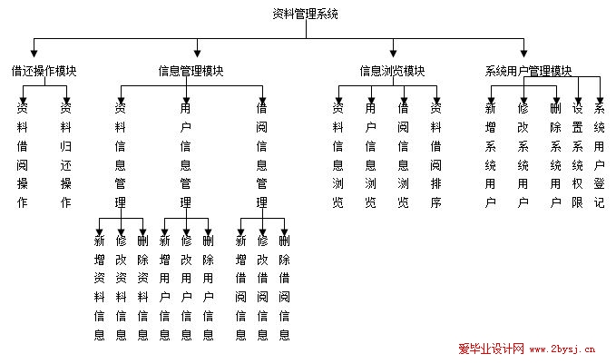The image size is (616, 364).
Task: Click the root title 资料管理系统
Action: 305,14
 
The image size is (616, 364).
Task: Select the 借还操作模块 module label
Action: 44,71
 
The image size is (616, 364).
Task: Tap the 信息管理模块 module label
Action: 191,71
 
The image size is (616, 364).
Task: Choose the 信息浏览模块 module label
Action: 392,71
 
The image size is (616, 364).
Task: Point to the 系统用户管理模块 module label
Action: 528,71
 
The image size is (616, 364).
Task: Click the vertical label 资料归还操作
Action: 65,155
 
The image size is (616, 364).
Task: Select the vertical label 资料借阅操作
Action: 23,155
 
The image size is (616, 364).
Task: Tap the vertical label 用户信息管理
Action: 185,155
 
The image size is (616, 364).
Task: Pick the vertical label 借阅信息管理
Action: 261,155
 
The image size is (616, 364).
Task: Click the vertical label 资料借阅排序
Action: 435,155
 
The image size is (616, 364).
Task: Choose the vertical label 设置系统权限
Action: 577,155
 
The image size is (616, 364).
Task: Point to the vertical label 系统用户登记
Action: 599,155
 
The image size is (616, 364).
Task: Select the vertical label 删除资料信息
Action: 142,288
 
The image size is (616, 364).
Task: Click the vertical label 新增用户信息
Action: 164,288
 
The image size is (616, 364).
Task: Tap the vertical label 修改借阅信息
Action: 262,288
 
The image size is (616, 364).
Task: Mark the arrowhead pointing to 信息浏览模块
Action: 393,54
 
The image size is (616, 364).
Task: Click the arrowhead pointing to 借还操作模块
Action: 34,54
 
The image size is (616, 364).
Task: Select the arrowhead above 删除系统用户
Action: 556,100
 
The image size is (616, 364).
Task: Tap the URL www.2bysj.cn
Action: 562,349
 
